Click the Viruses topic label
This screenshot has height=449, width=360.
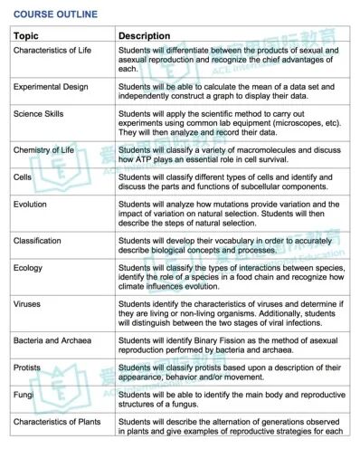point(29,303)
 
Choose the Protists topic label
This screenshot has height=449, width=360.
point(29,367)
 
